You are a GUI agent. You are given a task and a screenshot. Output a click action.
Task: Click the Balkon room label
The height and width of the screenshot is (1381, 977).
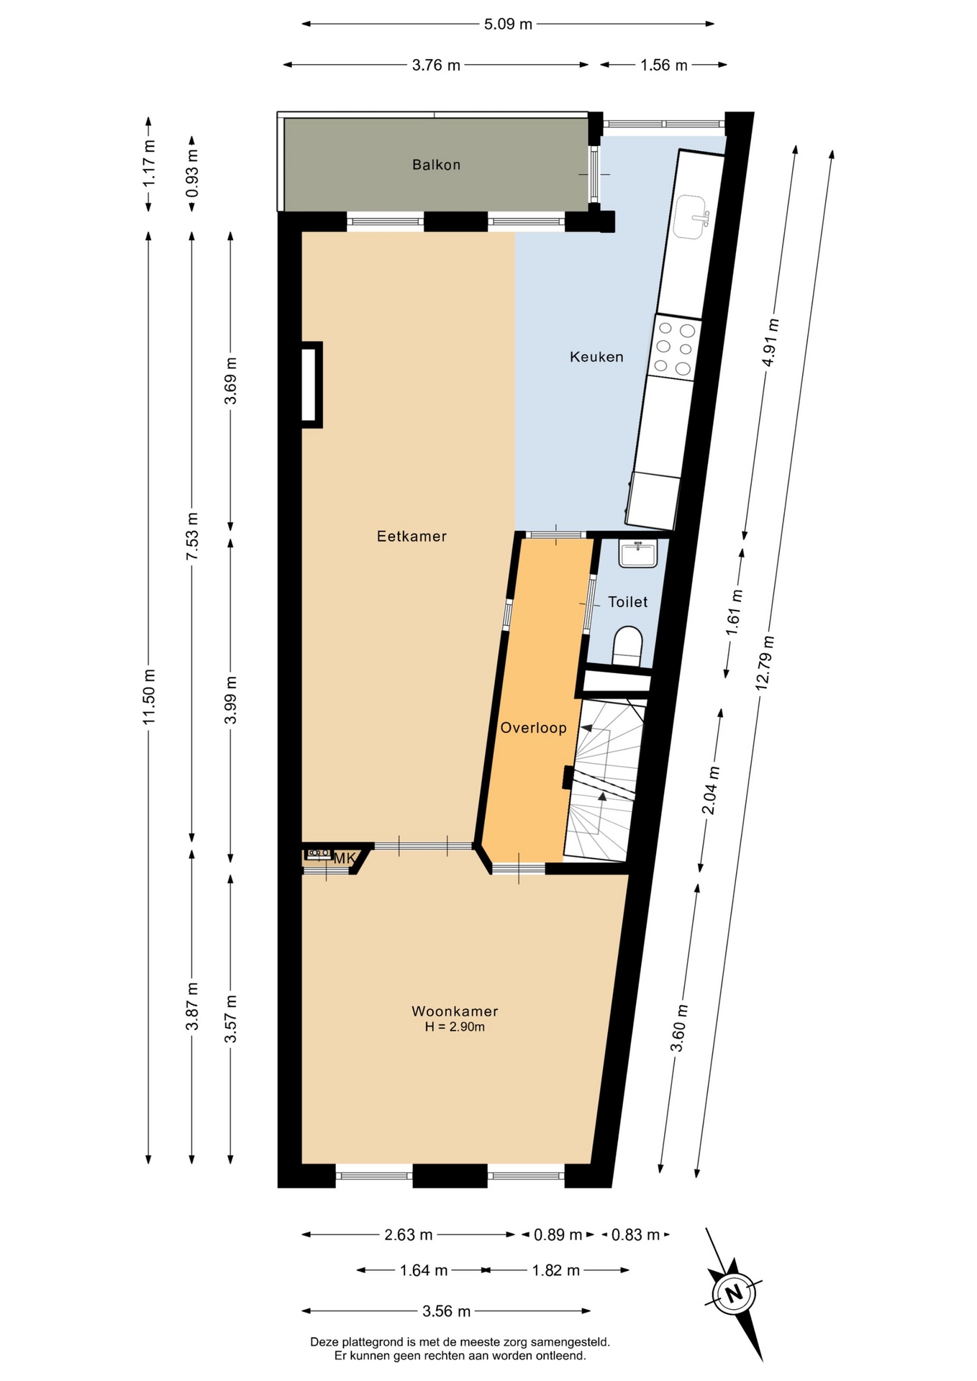436,165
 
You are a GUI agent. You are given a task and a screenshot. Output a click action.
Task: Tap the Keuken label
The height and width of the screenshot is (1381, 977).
596,357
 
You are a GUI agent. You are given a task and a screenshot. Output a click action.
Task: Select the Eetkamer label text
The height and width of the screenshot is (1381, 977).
412,536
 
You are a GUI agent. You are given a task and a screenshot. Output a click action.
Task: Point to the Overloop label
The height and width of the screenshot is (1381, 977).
533,728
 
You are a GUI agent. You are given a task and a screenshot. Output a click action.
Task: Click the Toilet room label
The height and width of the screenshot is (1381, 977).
627,602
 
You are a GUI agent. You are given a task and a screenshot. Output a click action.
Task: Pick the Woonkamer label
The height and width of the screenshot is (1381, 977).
455,1011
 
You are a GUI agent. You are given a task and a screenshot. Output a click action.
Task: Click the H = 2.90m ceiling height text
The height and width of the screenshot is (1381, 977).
455,1027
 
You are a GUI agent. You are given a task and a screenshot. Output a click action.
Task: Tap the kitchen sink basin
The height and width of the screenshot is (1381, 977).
692,217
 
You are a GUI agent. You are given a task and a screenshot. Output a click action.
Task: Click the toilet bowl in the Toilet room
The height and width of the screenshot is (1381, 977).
627,645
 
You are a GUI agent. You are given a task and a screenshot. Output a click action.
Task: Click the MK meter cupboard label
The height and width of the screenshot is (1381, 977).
344,858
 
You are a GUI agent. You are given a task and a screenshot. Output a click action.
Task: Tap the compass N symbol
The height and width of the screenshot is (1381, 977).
734,1294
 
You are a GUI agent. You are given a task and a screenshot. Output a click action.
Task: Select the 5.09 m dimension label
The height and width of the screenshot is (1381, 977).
508,24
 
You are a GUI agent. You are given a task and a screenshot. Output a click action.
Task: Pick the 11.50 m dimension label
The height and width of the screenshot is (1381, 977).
149,696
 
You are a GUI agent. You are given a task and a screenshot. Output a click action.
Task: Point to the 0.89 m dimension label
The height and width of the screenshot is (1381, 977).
558,1235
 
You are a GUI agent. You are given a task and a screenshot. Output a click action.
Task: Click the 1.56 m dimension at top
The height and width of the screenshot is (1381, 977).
664,65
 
